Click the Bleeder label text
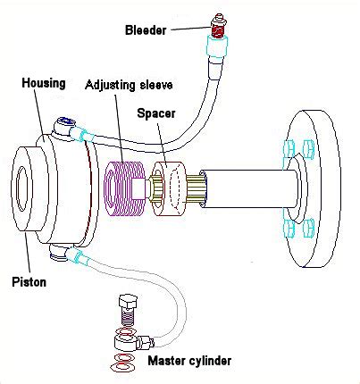(x=146, y=30)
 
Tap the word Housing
(x=44, y=83)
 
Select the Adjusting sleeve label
(x=129, y=85)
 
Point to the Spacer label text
(x=155, y=113)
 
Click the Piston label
(x=29, y=281)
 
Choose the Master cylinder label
(x=189, y=361)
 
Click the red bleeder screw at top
(x=218, y=29)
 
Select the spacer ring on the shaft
(x=169, y=189)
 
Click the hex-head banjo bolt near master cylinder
(x=128, y=310)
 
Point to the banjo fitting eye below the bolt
(x=126, y=341)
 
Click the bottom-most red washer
(x=122, y=366)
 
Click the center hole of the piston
(x=22, y=188)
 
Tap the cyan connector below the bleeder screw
(x=218, y=46)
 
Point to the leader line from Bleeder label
(x=191, y=29)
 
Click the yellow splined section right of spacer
(x=196, y=189)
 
